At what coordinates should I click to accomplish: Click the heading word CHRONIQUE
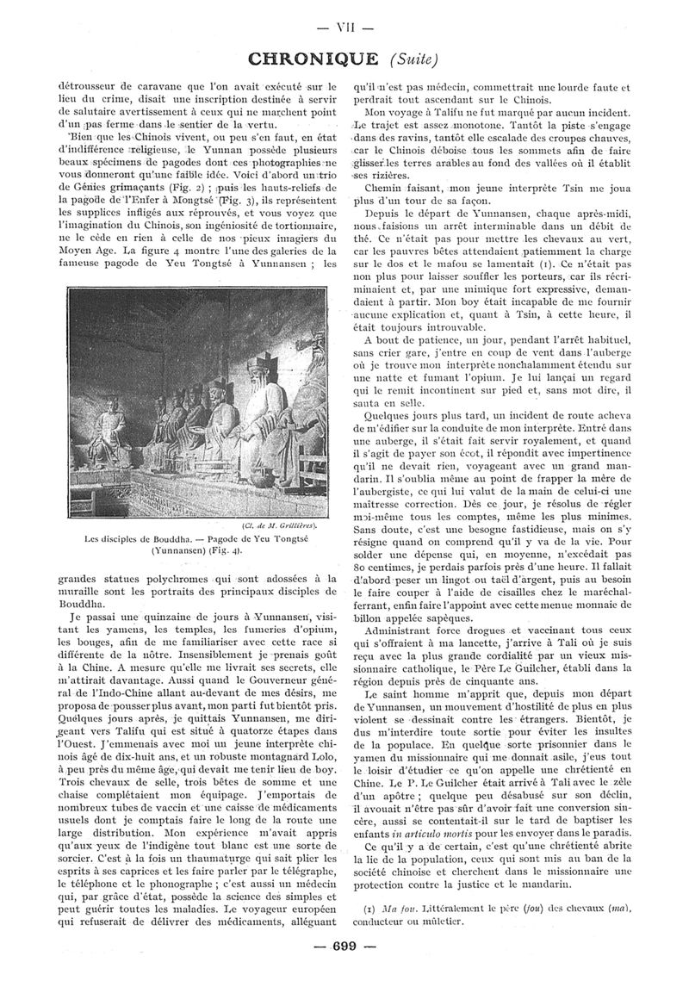tap(312, 59)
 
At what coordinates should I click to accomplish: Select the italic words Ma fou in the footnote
tap(394, 909)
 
